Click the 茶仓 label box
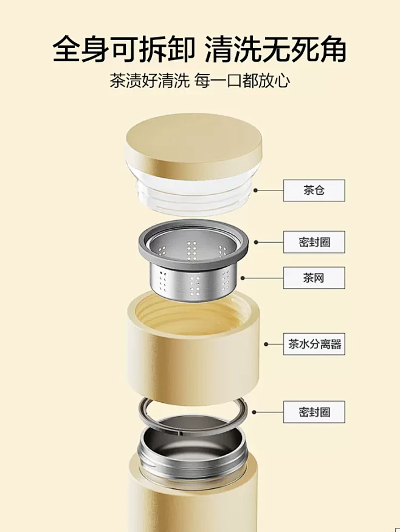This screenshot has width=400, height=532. point(314,190)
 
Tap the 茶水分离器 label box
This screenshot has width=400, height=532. point(314,345)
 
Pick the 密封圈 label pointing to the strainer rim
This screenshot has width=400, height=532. point(314,242)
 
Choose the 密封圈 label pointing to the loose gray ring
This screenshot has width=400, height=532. point(314,412)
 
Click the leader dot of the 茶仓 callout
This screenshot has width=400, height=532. point(256,190)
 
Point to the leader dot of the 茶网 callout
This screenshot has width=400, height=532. point(243,277)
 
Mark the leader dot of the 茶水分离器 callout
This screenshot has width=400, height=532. point(266,345)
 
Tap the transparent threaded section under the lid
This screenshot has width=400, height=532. point(194,193)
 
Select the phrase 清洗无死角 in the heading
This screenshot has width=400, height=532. point(276,49)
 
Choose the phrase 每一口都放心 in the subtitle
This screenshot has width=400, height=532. point(243,81)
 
